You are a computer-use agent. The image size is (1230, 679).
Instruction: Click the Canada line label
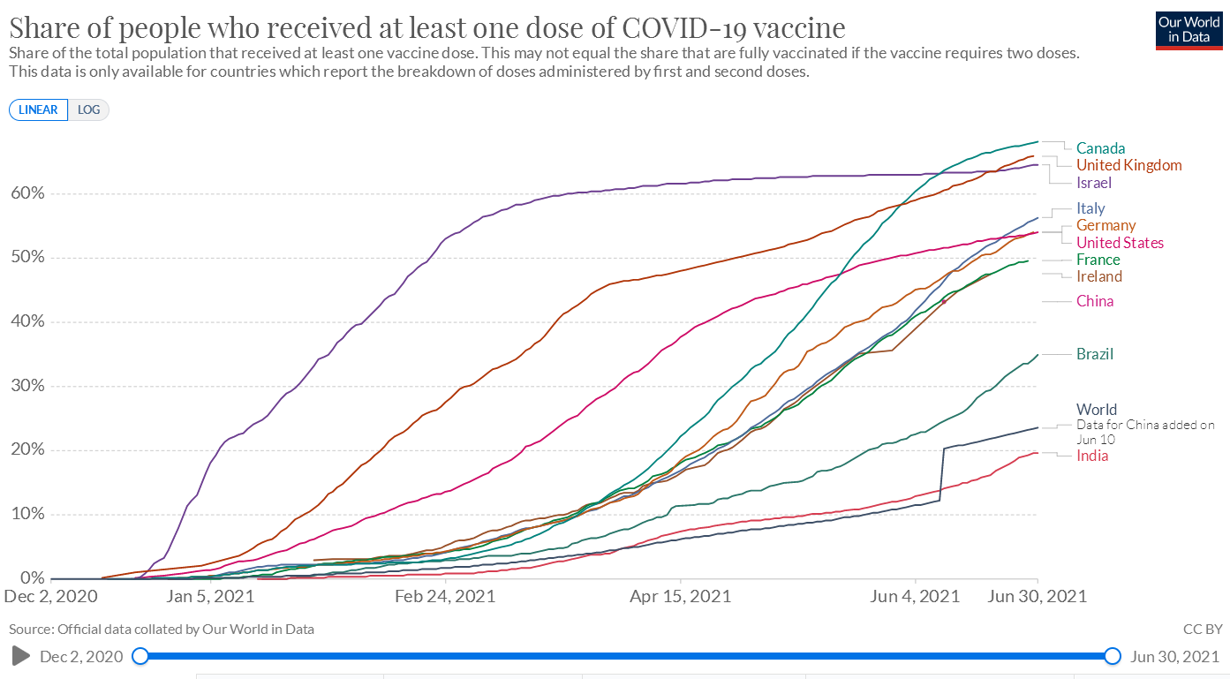point(1100,148)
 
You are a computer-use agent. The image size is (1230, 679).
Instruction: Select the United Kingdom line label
point(1128,165)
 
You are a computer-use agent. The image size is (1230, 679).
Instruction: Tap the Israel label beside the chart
point(1093,183)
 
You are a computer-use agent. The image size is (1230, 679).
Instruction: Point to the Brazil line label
point(1094,354)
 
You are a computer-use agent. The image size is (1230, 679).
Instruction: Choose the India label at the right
point(1092,456)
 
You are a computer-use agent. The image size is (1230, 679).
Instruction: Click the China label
point(1095,301)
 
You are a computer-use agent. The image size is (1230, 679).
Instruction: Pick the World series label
point(1097,410)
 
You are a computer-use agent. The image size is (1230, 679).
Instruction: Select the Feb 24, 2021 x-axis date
point(445,596)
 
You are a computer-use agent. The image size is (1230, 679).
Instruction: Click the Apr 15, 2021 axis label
point(680,596)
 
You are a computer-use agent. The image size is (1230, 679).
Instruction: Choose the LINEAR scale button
point(38,110)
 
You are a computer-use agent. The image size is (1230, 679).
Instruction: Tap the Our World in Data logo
point(1188,29)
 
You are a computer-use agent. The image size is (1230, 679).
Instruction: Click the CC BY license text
point(1203,630)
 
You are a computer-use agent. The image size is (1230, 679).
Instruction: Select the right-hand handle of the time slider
point(1112,656)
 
